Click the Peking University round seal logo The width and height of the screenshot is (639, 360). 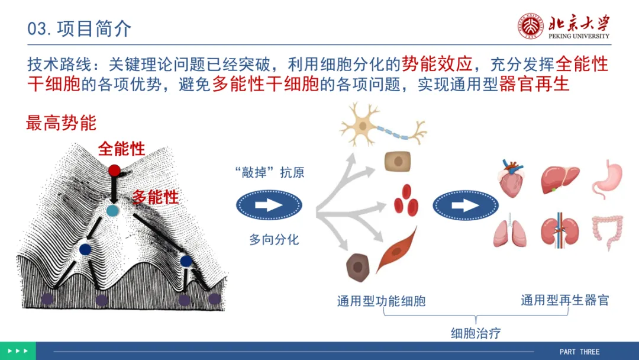pos(531,27)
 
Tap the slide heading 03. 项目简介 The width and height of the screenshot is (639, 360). pos(79,28)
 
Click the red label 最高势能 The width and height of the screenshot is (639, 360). pos(61,123)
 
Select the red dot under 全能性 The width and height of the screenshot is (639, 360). pos(115,171)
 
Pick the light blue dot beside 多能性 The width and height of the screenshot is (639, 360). pos(112,211)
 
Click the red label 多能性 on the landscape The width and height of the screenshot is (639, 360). pos(155,197)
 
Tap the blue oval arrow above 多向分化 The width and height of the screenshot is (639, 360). pos(269,205)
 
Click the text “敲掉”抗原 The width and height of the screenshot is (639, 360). pos(270,172)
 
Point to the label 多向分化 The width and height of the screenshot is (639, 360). pos(274,239)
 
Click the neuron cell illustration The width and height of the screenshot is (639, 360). pos(382,125)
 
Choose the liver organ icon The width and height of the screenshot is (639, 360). pos(560,179)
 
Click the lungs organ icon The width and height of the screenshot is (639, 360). pos(510,230)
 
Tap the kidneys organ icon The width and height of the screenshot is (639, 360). pos(560,230)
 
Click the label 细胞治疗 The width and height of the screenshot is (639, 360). pos(476,333)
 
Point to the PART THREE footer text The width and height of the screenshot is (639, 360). pos(579,352)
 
